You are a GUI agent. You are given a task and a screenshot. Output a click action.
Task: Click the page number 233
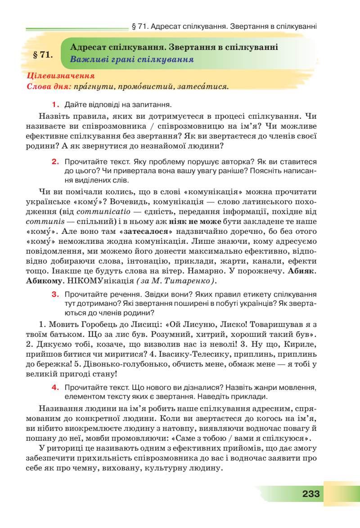coord(310,494)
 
